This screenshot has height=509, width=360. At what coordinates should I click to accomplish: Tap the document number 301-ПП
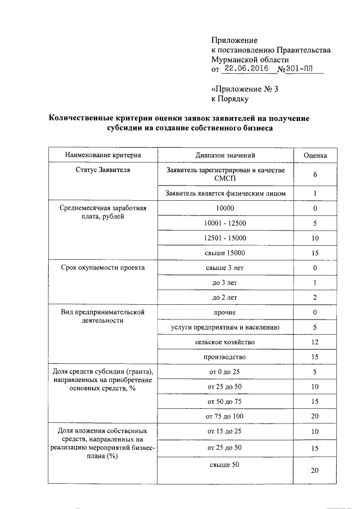tap(298, 69)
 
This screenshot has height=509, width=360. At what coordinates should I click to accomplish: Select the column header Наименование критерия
tap(102, 155)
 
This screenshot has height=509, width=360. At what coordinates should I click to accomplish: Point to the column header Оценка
tap(315, 155)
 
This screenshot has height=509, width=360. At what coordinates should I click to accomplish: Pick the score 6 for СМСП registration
tap(315, 174)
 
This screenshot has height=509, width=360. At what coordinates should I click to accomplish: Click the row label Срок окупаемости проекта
tap(102, 268)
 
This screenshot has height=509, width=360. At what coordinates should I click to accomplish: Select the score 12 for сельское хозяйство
tap(315, 342)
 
